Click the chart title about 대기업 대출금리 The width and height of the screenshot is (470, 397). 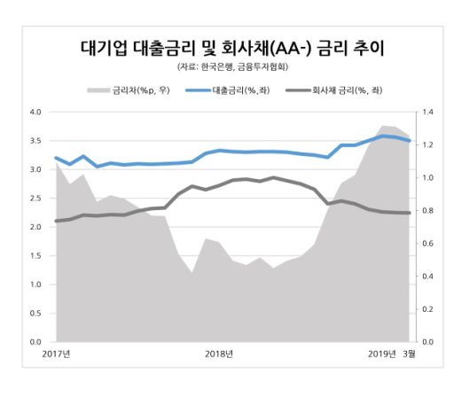[x=232, y=45]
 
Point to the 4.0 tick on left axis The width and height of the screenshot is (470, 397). [x=36, y=113]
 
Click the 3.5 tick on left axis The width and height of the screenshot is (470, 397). [x=36, y=141]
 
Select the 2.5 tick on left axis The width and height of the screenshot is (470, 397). [x=36, y=198]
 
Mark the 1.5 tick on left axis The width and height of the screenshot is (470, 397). [x=36, y=256]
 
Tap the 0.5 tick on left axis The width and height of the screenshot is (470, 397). [x=36, y=313]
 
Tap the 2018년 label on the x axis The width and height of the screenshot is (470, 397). [x=219, y=354]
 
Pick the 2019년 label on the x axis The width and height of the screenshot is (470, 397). [x=383, y=354]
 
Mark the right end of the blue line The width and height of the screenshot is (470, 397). [x=410, y=140]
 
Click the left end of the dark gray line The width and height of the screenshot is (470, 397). [x=56, y=221]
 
